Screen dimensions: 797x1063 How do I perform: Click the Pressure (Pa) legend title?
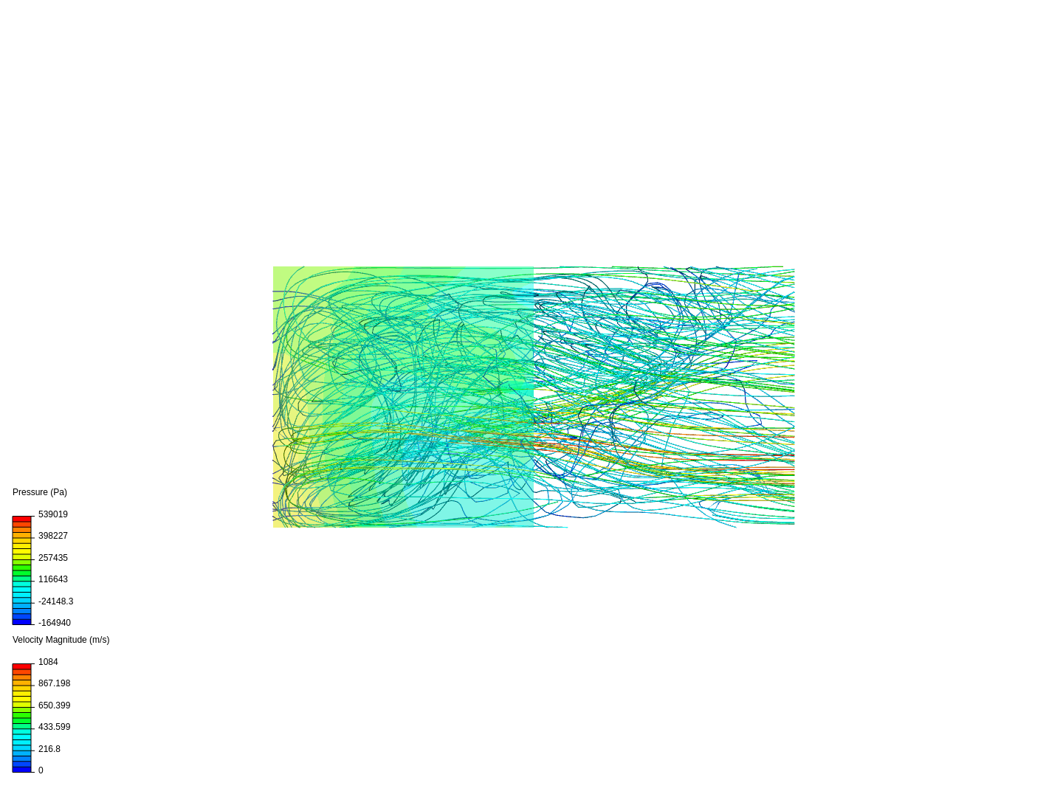(40, 492)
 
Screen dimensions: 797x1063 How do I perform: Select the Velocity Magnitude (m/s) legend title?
(61, 640)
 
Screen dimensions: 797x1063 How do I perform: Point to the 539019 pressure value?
(53, 514)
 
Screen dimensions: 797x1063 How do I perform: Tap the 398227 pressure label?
(53, 536)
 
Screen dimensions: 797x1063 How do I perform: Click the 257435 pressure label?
(53, 558)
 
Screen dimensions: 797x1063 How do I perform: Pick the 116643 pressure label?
(53, 579)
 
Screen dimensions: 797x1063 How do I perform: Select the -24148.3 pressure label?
(55, 601)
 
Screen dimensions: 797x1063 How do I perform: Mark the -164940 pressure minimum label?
(55, 623)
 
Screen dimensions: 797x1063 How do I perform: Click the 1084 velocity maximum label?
(48, 662)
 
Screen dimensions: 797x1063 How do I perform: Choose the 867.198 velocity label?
(55, 683)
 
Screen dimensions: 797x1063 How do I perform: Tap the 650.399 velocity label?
(55, 705)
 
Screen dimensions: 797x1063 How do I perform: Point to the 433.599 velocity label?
(55, 727)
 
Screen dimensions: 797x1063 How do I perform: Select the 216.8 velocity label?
(49, 749)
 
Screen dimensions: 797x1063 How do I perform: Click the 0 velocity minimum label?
(41, 770)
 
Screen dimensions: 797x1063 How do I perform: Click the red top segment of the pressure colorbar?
(21, 520)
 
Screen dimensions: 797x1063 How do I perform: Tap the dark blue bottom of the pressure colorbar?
(21, 621)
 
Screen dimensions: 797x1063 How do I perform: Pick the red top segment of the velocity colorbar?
(21, 667)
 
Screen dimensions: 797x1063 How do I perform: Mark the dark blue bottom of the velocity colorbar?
(21, 769)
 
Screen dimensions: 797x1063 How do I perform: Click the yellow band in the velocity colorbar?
(21, 697)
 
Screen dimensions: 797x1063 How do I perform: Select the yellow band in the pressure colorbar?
(21, 549)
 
